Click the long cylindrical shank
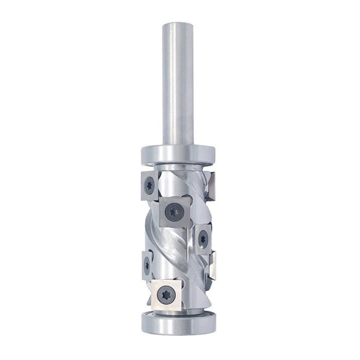tap(177, 82)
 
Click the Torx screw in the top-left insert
tap(149, 186)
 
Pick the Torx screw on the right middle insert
tap(203, 238)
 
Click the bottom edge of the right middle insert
tap(203, 254)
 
